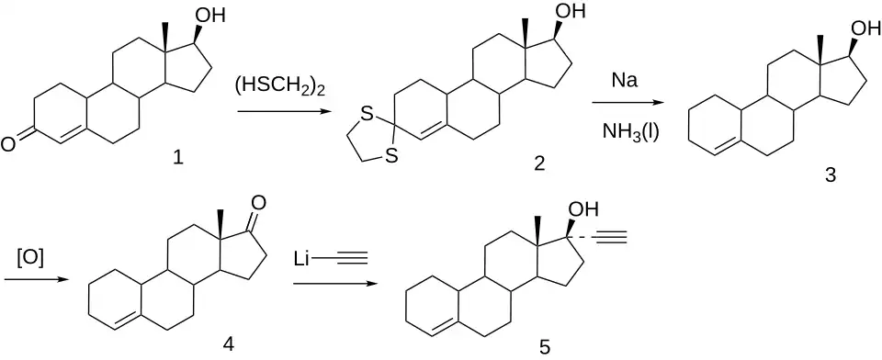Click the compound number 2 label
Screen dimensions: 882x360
pos(540,163)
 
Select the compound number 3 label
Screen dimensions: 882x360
pos(831,175)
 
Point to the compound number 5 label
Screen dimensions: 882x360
pos(544,346)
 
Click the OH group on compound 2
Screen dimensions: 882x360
pos(571,11)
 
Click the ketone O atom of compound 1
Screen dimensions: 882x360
pos(9,144)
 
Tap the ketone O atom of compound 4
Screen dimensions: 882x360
pos(256,202)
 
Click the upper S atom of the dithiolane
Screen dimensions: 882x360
pos(367,116)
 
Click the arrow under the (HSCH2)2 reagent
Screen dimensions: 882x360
pos(283,112)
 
